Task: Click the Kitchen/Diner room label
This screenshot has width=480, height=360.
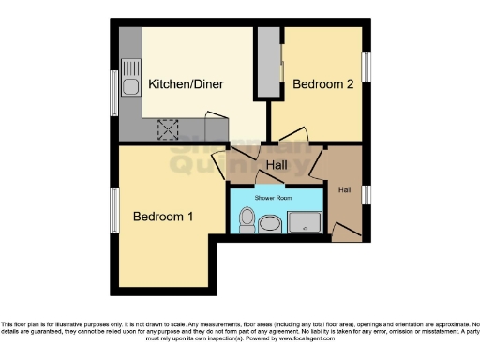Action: coord(185,85)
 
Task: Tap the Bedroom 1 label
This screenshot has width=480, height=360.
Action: coord(163,217)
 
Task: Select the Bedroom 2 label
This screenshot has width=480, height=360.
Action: coord(323,84)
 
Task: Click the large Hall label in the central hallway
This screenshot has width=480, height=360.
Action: coord(275,165)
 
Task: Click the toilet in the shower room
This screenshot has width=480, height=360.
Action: coord(247,220)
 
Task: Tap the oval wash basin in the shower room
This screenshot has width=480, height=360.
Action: coord(271,224)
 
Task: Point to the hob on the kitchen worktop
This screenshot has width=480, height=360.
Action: coord(170,129)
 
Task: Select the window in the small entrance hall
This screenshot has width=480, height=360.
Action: coord(365,194)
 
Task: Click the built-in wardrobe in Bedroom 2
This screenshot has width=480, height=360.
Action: coord(270,62)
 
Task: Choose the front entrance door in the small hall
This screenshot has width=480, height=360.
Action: coord(345,230)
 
